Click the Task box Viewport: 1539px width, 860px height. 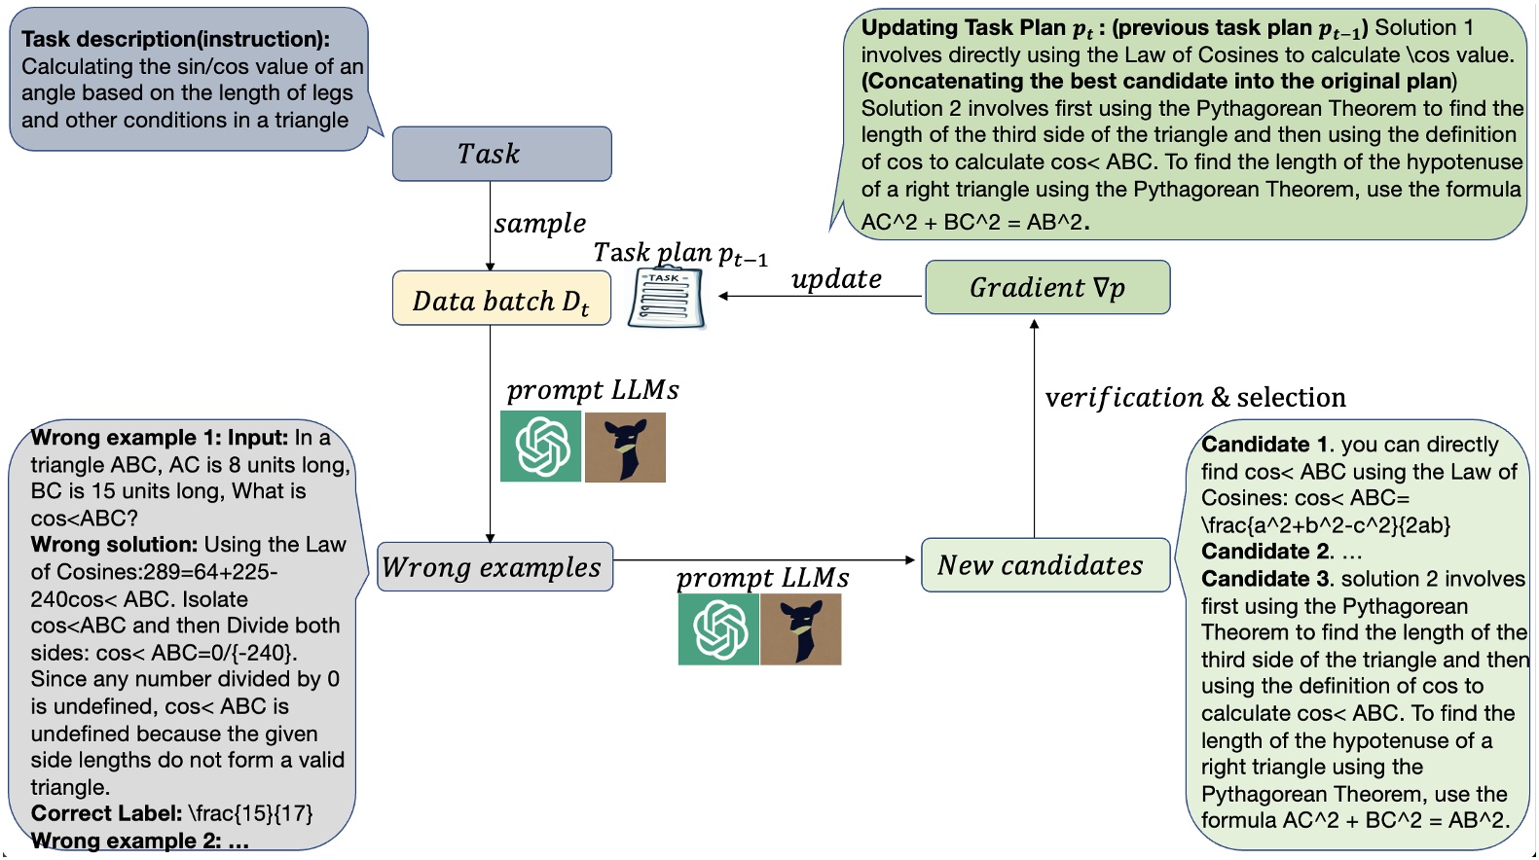point(501,154)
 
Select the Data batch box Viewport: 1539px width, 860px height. point(501,299)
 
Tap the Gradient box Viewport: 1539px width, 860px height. point(1047,288)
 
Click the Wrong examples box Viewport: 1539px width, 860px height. point(495,567)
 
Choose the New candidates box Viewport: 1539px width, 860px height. point(1044,565)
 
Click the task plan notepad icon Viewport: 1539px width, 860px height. point(666,298)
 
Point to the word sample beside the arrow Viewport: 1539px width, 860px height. point(539,224)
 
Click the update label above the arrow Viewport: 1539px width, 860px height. point(836,279)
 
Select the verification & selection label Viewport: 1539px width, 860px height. point(1194,397)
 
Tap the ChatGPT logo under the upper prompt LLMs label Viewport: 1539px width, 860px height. point(541,447)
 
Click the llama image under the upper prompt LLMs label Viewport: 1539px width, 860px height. point(625,448)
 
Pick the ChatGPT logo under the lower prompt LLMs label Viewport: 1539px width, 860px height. point(718,629)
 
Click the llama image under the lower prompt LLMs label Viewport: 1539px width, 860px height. point(801,629)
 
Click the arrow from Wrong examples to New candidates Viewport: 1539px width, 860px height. point(764,560)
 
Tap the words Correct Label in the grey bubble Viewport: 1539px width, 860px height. point(106,813)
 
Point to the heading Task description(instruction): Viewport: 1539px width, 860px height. point(175,40)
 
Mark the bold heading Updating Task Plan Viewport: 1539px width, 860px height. point(964,28)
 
